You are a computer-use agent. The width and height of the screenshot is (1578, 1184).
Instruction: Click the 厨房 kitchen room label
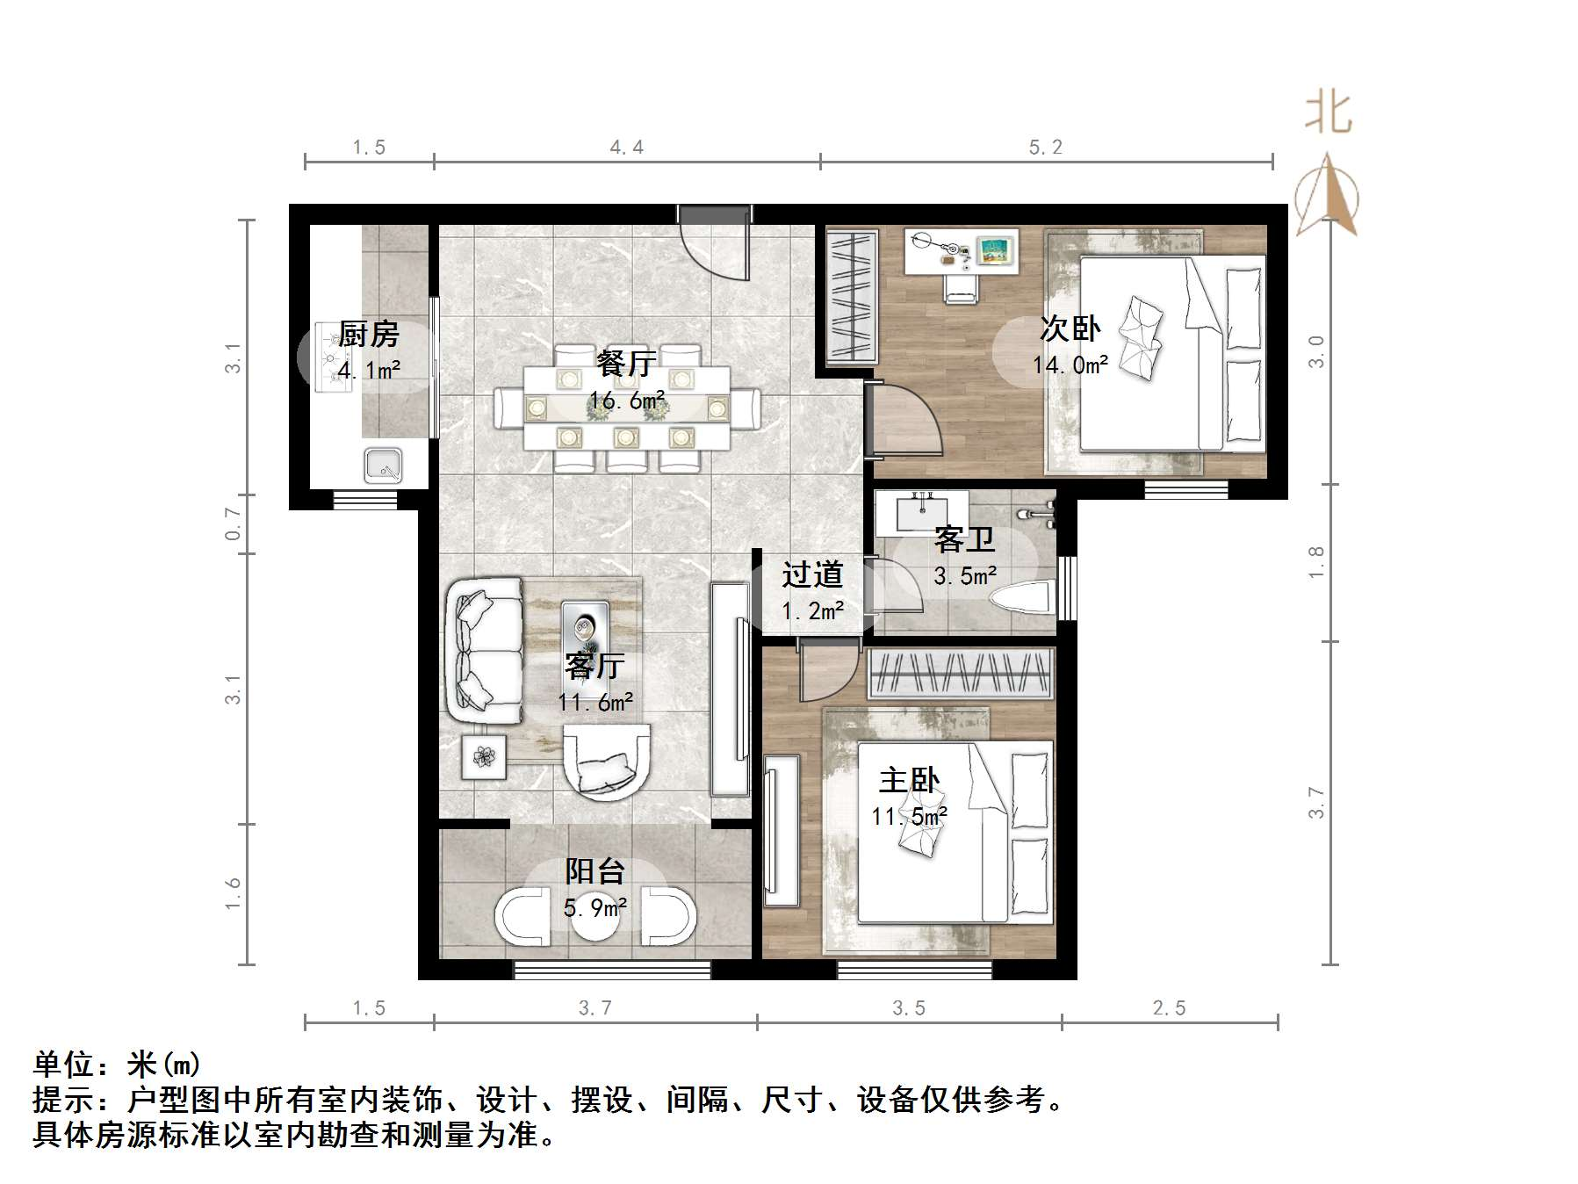coord(368,334)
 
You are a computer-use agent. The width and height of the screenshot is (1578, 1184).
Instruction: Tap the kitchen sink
coord(384,466)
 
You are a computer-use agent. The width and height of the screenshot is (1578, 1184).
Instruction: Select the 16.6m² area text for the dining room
coord(626,401)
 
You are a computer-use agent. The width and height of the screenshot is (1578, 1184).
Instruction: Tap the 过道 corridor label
coord(812,574)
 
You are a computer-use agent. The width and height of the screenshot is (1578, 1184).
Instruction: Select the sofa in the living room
coord(485,650)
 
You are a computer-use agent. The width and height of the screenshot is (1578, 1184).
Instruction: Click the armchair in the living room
coord(607,760)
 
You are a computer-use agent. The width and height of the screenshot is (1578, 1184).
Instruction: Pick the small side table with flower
coord(485,756)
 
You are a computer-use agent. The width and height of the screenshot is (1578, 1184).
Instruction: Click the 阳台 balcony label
coord(594,871)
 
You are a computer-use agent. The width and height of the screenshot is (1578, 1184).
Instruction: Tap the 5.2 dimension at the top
coord(1045,148)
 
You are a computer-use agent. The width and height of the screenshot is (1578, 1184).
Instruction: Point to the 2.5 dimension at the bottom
coord(1169,1008)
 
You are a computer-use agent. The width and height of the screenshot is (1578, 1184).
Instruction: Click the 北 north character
coord(1328,114)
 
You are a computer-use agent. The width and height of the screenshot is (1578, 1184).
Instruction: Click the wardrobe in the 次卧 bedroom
coord(852,295)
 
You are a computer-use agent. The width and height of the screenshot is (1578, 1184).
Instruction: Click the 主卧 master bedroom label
coord(909,780)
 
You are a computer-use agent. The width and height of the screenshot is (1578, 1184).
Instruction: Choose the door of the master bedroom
coord(828,669)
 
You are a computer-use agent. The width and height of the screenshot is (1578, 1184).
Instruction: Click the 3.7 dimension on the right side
coord(1315,802)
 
